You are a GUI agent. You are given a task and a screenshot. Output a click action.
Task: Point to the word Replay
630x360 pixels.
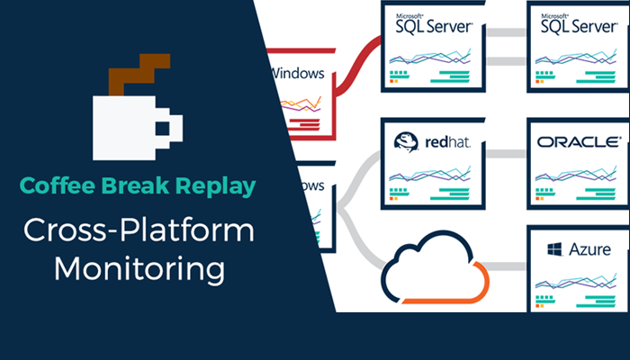pyautogui.click(x=214, y=186)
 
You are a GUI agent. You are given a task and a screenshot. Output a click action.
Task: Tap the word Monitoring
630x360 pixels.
pyautogui.click(x=139, y=267)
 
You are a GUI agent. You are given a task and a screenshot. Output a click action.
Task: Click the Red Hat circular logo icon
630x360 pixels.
pyautogui.click(x=405, y=142)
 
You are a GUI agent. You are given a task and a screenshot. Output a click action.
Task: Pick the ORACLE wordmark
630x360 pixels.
pyautogui.click(x=577, y=142)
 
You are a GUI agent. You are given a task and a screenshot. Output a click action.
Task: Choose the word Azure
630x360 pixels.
pyautogui.click(x=589, y=249)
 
